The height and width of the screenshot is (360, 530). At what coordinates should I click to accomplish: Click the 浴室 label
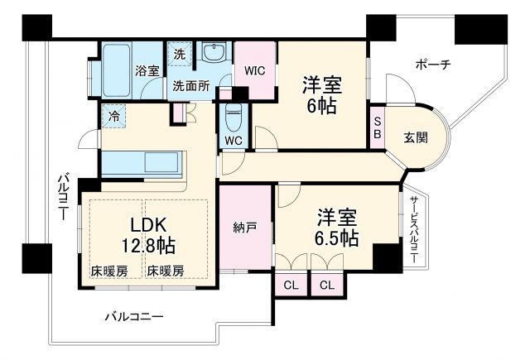point(147,71)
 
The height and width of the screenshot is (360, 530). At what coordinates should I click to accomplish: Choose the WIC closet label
point(253,71)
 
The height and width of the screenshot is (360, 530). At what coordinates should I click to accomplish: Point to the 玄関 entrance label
point(416,138)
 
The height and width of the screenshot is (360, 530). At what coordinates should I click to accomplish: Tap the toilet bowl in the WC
point(234,114)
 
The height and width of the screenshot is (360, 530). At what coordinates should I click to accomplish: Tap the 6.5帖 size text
point(337,238)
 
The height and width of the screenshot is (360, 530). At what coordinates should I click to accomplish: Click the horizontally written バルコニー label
point(134,316)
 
